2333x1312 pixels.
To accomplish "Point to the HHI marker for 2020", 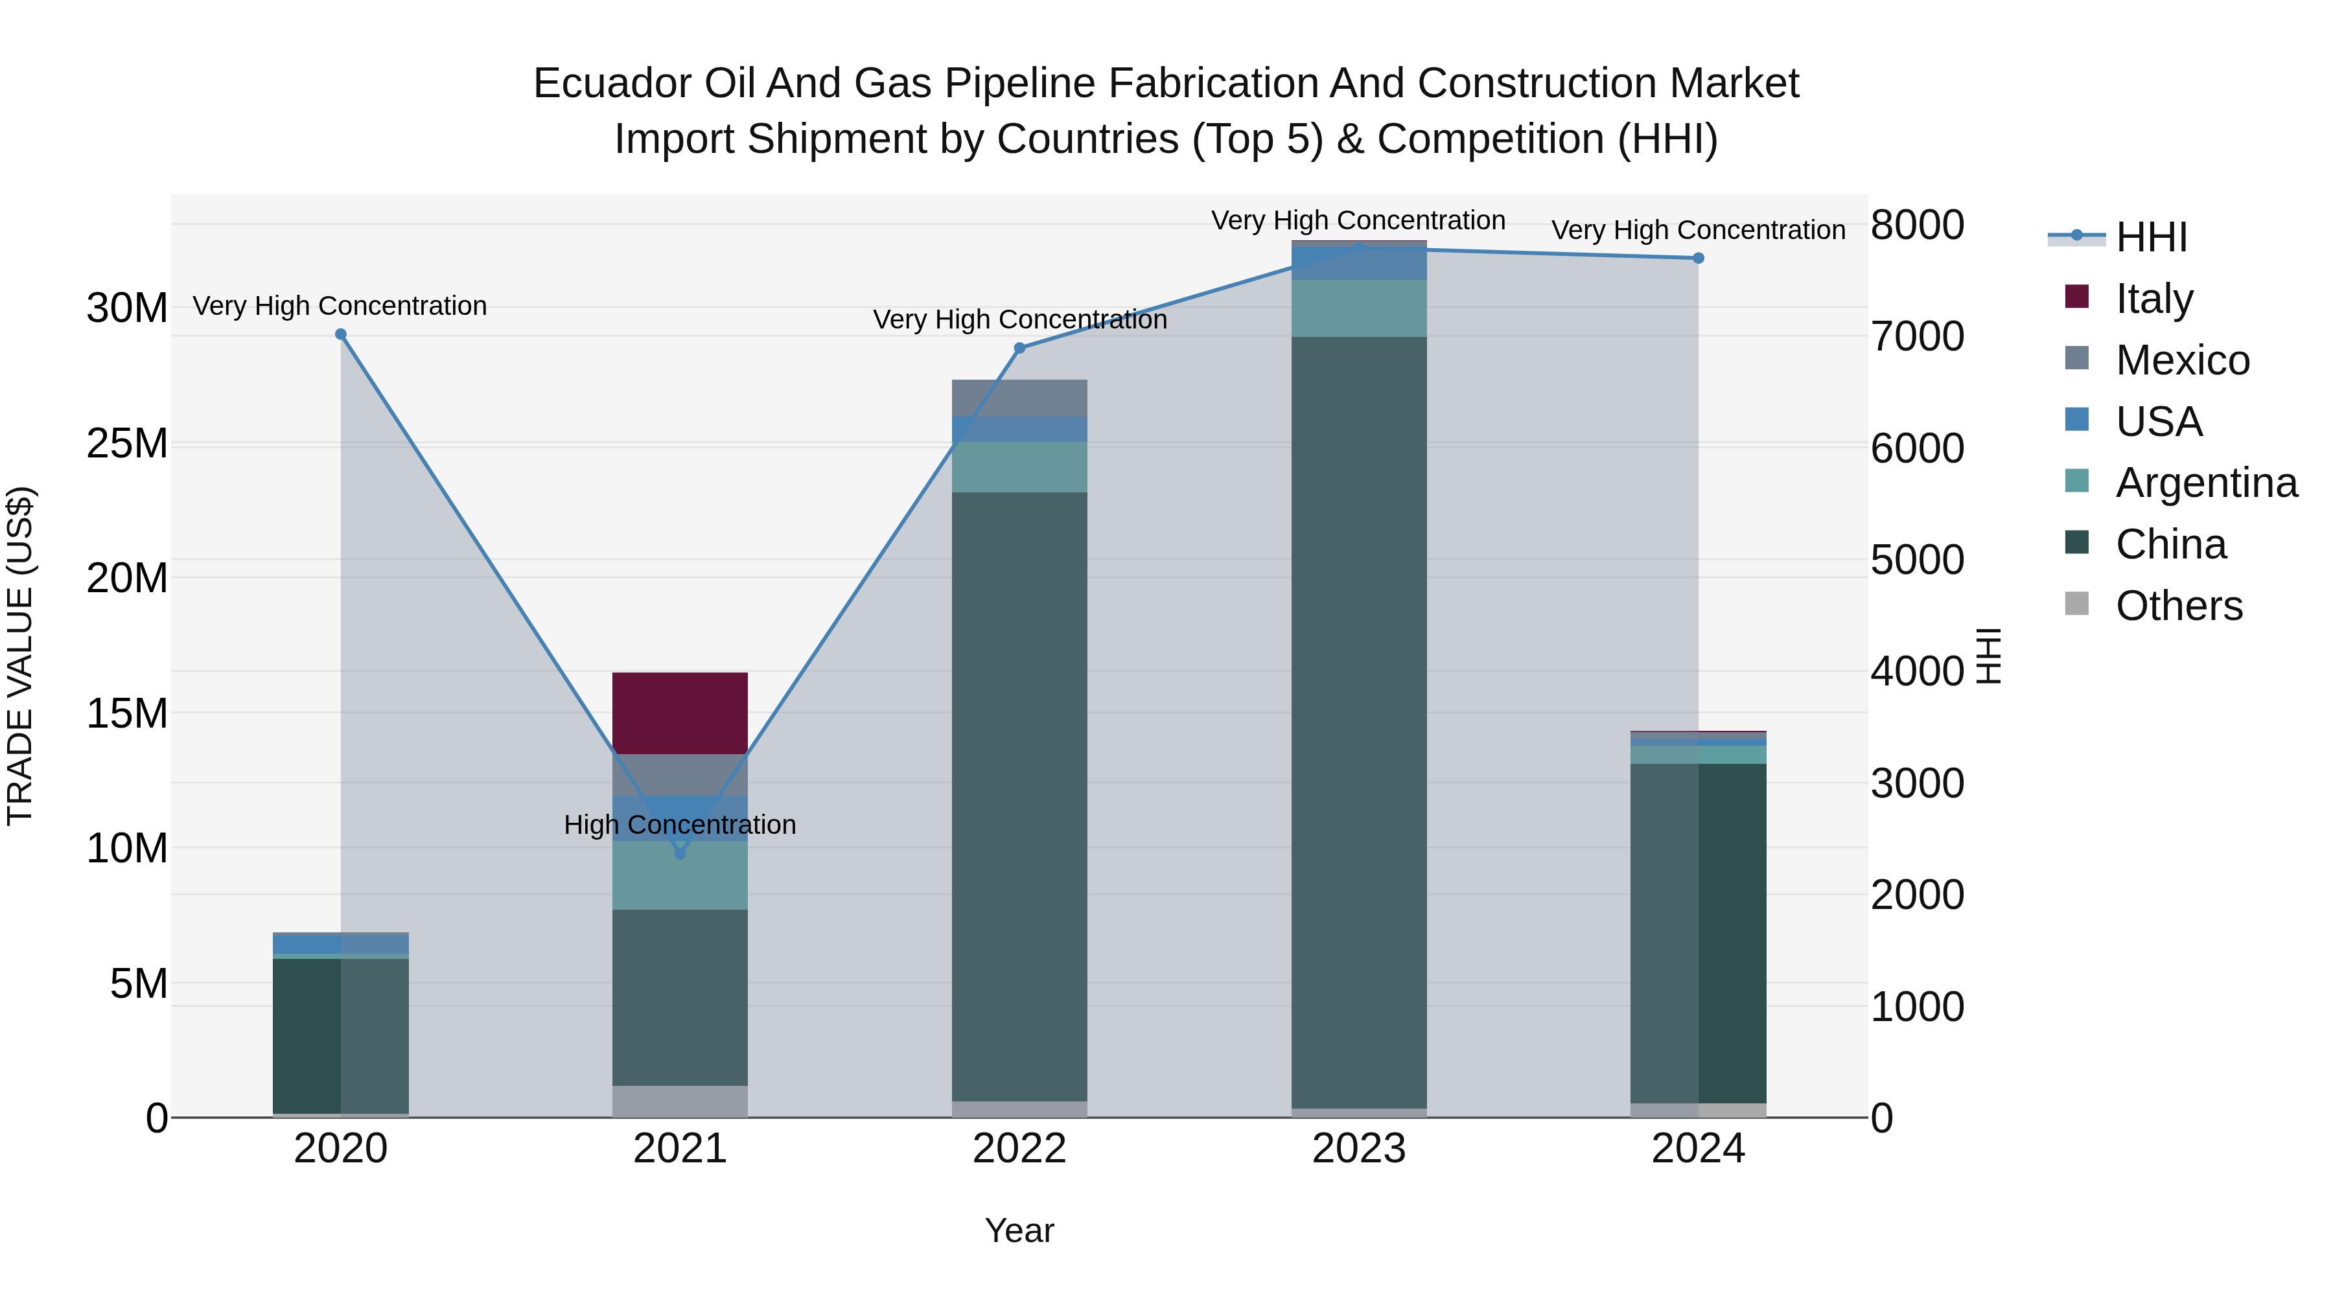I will pos(340,334).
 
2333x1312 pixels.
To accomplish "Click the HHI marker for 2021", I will pos(680,853).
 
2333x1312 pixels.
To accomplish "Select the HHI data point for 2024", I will pos(1698,258).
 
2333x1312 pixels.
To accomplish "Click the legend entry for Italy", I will pos(2153,298).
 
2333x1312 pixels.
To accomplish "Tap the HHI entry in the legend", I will pos(2151,237).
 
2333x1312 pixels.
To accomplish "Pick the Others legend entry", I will pos(2178,605).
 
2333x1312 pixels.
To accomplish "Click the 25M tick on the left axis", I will pos(127,444).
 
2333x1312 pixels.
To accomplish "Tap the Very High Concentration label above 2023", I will pos(1358,220).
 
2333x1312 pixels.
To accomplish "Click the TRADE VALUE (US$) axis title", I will pos(20,656).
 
